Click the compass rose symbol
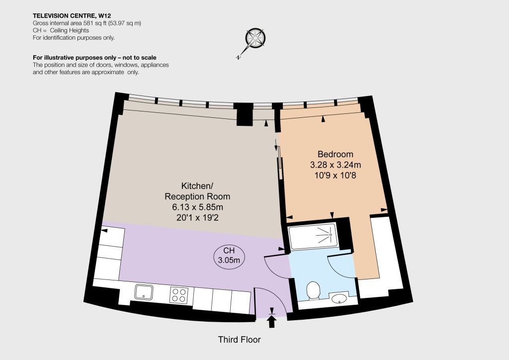[x=255, y=38]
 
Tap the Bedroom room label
[x=336, y=154]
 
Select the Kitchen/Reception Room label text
[x=197, y=191]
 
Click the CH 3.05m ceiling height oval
[x=229, y=255]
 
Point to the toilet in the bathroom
[x=314, y=290]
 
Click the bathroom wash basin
[x=339, y=298]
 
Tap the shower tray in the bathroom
[x=314, y=236]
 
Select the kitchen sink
[x=144, y=292]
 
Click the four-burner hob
[x=179, y=295]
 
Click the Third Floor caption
[x=239, y=340]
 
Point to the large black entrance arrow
[x=272, y=322]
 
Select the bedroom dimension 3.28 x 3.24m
[x=336, y=165]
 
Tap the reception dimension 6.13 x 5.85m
[x=197, y=207]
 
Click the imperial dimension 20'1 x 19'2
[x=197, y=217]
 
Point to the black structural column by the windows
[x=245, y=114]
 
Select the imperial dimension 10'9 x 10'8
[x=336, y=176]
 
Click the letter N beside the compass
[x=239, y=58]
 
